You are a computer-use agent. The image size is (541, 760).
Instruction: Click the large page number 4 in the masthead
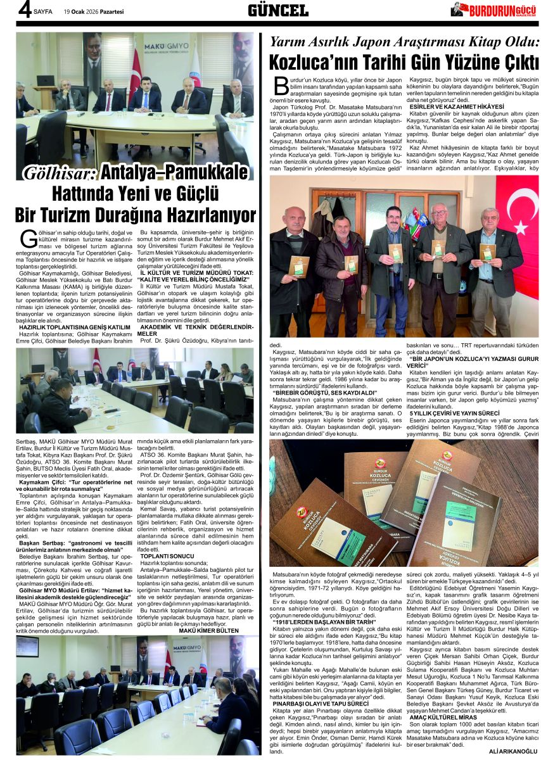23,10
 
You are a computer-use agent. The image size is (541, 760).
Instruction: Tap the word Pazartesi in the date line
109,11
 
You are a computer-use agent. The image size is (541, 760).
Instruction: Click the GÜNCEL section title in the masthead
277,10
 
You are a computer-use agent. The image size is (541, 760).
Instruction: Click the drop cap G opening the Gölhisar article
29,239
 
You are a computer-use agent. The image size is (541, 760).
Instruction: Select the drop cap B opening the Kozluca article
281,85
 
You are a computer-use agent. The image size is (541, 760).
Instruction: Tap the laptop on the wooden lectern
45,81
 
